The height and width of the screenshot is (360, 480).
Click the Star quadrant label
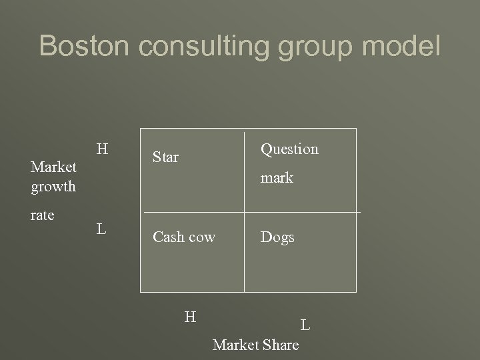(165, 158)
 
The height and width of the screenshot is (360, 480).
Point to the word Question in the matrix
(289, 149)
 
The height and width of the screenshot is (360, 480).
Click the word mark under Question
(277, 179)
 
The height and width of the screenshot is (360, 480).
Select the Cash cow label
(184, 237)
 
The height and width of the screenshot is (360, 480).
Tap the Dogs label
(277, 237)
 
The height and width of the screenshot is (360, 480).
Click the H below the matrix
(190, 317)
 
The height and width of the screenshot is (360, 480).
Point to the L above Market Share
(305, 325)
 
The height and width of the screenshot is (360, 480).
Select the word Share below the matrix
(281, 345)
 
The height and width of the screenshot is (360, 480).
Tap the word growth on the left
(53, 187)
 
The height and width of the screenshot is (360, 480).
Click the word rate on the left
(43, 215)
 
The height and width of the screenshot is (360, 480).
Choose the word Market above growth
(53, 166)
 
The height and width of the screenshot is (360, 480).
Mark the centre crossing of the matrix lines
(245, 212)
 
